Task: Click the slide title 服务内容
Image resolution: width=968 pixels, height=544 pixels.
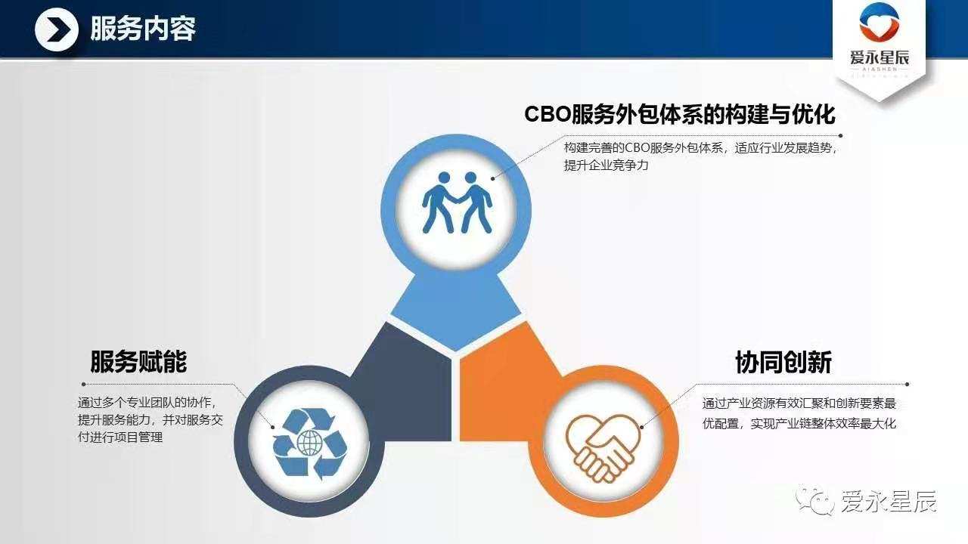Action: tap(143, 29)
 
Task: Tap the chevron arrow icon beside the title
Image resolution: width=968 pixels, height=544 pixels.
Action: tap(57, 29)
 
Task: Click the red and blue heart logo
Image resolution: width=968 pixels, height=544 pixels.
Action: tap(880, 23)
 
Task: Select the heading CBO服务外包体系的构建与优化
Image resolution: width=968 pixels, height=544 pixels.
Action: tap(679, 114)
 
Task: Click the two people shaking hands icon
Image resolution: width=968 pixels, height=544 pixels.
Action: tap(457, 203)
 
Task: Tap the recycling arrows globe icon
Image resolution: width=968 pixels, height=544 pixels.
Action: tap(310, 444)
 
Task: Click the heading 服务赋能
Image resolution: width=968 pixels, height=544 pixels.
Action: tap(138, 361)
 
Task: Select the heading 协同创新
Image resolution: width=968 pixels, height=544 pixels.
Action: tap(783, 362)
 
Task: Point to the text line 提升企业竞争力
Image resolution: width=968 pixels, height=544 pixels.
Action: tap(606, 165)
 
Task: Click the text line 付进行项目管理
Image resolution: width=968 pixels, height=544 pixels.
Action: tap(120, 437)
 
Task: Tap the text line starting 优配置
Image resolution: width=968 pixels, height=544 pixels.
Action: tap(799, 424)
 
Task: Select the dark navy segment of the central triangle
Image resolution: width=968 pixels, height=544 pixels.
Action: tap(406, 385)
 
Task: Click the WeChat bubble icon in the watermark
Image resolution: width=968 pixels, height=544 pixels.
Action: tap(815, 500)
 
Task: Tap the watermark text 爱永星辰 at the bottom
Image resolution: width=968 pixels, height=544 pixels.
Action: tap(889, 502)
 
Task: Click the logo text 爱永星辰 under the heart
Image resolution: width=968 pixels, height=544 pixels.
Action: tap(880, 57)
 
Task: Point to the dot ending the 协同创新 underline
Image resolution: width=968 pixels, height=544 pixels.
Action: tap(907, 384)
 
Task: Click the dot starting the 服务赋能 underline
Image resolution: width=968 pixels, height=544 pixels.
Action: tap(83, 384)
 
